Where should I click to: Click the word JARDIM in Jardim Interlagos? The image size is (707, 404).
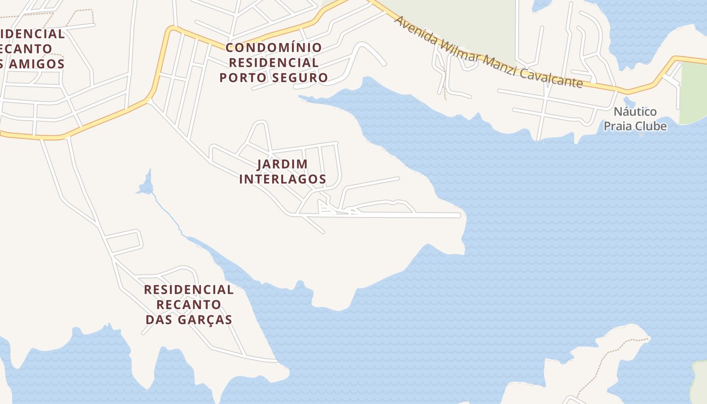282,164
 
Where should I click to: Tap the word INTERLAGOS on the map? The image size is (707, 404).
282,179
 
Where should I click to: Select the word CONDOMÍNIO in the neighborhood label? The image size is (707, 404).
273,48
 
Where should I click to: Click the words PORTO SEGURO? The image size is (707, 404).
273,78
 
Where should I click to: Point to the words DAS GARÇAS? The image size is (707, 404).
189,320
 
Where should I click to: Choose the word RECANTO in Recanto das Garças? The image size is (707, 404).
189,305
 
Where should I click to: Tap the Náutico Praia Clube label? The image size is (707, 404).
635,119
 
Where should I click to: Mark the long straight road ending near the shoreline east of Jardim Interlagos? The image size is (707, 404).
404,215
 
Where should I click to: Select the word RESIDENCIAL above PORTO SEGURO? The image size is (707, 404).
273,63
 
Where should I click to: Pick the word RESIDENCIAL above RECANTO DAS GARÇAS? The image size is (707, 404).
189,290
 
